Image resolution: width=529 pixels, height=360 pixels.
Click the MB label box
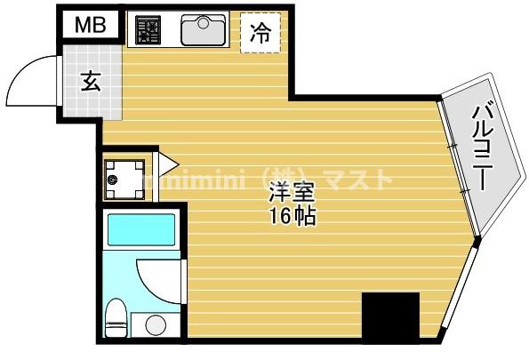(x=89, y=25)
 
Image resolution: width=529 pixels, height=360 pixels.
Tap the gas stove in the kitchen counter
(x=148, y=31)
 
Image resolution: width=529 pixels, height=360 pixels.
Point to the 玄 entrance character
(x=91, y=82)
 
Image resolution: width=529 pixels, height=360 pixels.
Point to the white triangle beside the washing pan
(x=166, y=164)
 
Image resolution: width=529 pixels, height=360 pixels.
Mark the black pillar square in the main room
(x=389, y=316)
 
